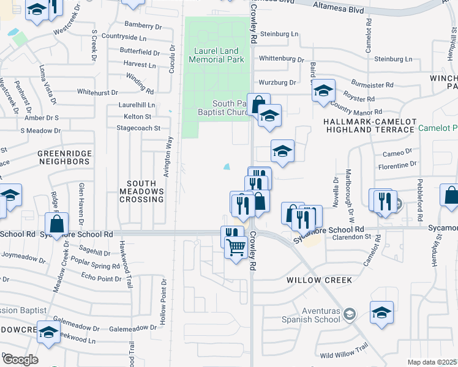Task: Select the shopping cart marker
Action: coord(235,247)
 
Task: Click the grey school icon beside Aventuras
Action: coord(349,314)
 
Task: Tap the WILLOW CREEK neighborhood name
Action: coord(319,280)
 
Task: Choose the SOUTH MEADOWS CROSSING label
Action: coord(146,191)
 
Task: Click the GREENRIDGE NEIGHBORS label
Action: coord(64,157)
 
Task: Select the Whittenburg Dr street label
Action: coord(281,59)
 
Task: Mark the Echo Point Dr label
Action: coord(101,278)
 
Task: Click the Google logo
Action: coord(20,360)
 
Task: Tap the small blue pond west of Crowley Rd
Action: coord(227,166)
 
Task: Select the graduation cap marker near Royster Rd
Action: coord(324,92)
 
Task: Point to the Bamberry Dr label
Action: coord(141,25)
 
